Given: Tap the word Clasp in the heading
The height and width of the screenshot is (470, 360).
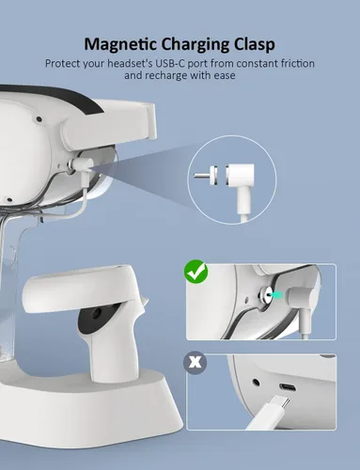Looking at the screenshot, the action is [255, 44].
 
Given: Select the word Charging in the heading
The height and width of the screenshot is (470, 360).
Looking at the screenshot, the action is [197, 44].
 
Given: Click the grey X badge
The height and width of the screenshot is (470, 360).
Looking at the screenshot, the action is [196, 362].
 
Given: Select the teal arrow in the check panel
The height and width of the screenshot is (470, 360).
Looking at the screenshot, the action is [275, 294].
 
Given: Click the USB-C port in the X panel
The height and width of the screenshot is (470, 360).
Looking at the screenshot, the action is [288, 388].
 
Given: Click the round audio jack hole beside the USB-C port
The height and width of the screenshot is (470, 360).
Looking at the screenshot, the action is [257, 383].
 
